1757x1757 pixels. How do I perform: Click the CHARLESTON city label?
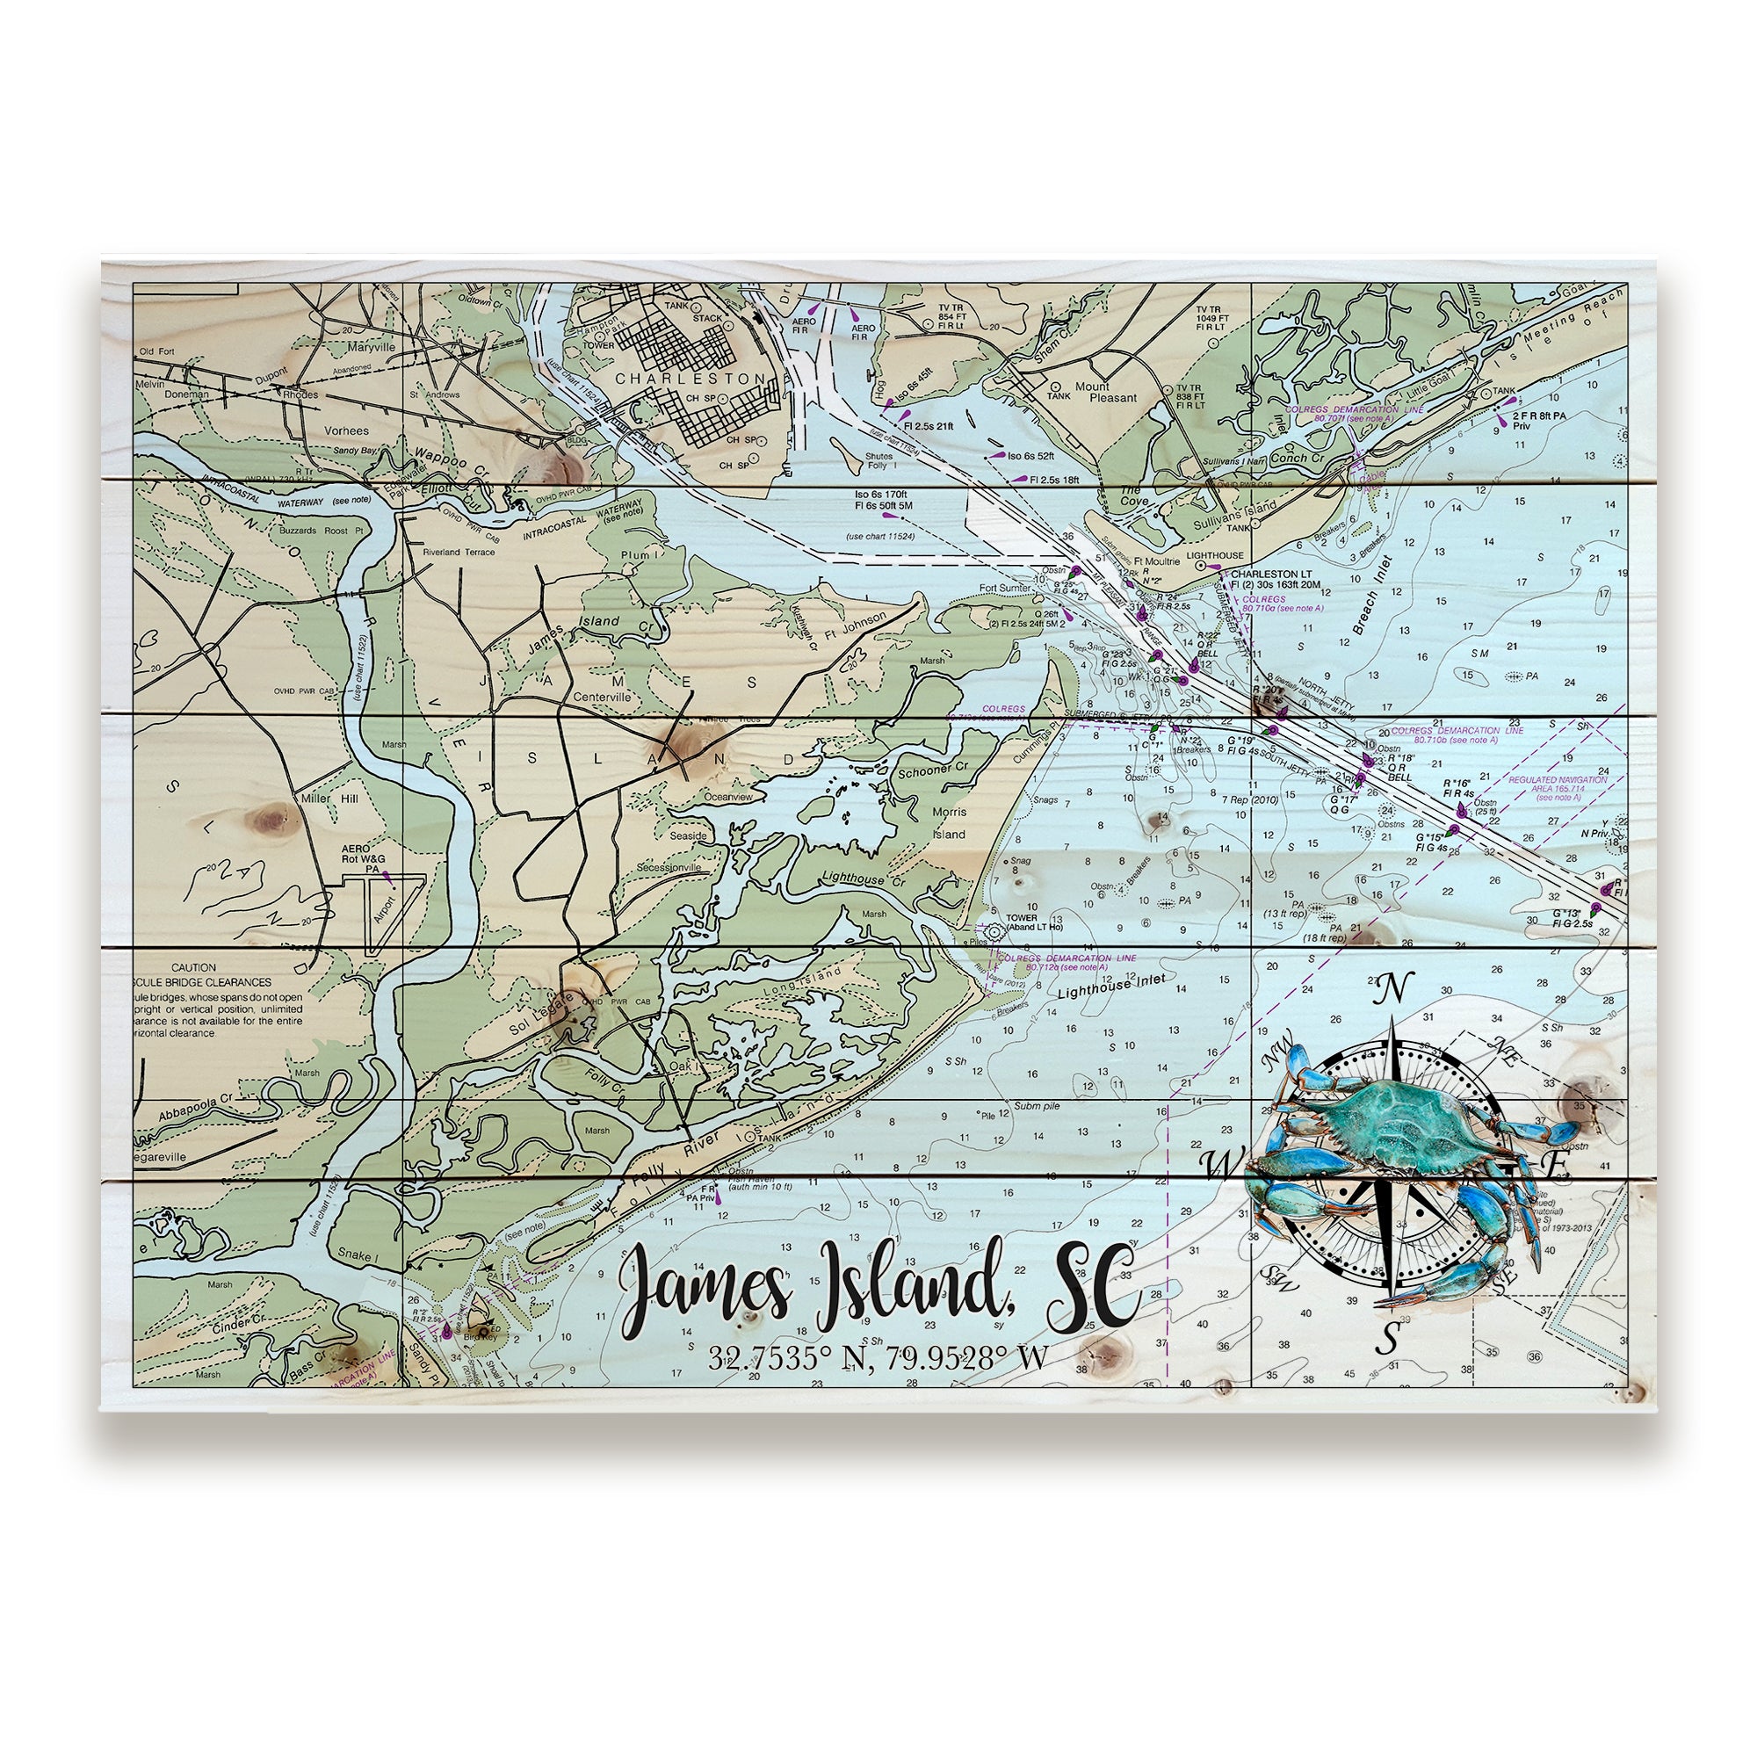(x=691, y=378)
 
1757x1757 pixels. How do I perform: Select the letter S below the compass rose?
(x=1389, y=1338)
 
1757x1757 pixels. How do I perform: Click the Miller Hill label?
(x=329, y=798)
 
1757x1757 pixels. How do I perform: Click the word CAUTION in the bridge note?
(x=192, y=967)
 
